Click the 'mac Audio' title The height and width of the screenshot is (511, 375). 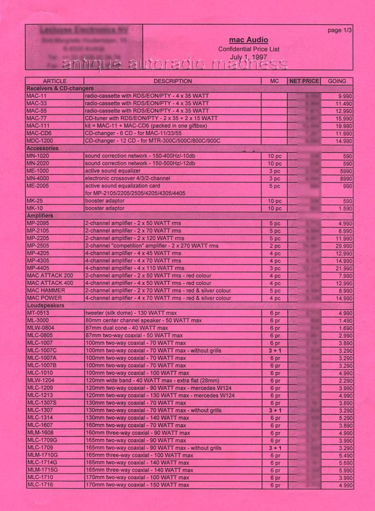(248, 40)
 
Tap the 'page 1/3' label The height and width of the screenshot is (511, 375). (340, 31)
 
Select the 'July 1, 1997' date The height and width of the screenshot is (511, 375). (248, 57)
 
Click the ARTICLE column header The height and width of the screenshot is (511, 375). (54, 81)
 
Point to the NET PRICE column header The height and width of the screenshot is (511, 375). (304, 81)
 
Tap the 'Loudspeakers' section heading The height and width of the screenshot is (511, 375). (45, 305)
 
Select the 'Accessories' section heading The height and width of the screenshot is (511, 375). (42, 149)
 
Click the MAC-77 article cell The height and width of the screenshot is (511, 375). (36, 119)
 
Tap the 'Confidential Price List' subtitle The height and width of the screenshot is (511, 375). (248, 49)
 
